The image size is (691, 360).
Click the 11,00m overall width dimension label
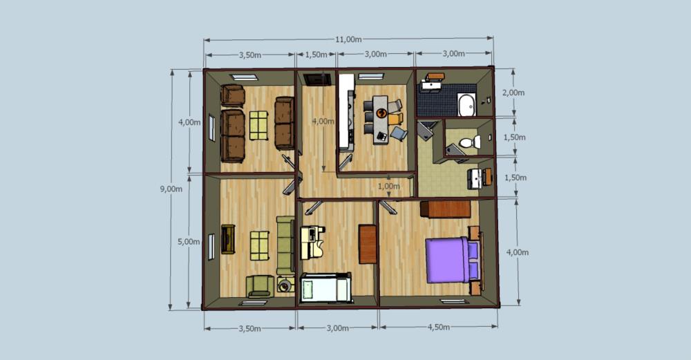pyautogui.click(x=348, y=39)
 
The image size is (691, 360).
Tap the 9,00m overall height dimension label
pyautogui.click(x=171, y=189)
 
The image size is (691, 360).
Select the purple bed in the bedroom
pyautogui.click(x=451, y=260)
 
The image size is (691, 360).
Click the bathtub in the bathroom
pyautogui.click(x=466, y=104)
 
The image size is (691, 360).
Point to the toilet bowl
pyautogui.click(x=470, y=142)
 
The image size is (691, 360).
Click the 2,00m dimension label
pyautogui.click(x=514, y=93)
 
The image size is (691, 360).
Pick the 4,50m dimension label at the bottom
pyautogui.click(x=439, y=328)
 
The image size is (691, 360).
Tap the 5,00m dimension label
pyautogui.click(x=189, y=241)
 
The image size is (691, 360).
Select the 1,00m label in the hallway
pyautogui.click(x=388, y=186)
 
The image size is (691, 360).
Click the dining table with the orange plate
pyautogui.click(x=380, y=120)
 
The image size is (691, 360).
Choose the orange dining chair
pyautogui.click(x=395, y=119)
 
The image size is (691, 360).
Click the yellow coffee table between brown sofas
pyautogui.click(x=258, y=125)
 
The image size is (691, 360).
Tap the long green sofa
pyautogui.click(x=285, y=245)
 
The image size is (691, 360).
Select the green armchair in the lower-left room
pyautogui.click(x=260, y=285)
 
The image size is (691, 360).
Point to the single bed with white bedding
pyautogui.click(x=325, y=287)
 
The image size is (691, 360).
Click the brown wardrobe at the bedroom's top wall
pyautogui.click(x=445, y=209)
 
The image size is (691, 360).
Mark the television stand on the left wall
pyautogui.click(x=228, y=239)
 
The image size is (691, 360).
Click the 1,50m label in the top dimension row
pyautogui.click(x=316, y=55)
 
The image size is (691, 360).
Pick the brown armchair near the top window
pyautogui.click(x=233, y=95)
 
